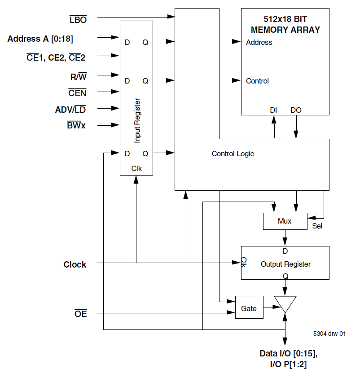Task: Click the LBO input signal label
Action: click(78, 20)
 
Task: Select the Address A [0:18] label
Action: click(40, 39)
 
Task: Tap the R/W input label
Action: click(78, 77)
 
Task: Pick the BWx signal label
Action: click(76, 125)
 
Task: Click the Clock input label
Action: click(75, 264)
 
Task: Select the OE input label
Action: click(80, 314)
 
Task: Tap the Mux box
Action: click(285, 221)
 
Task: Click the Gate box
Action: click(249, 308)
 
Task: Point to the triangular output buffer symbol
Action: click(285, 303)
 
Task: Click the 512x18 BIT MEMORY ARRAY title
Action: click(285, 25)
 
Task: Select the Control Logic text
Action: click(233, 154)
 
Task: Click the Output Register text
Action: click(285, 264)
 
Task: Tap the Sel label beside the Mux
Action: click(317, 226)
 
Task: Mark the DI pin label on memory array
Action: click(273, 110)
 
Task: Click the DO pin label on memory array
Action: click(296, 110)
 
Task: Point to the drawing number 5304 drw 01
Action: click(329, 334)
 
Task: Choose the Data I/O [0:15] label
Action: click(288, 354)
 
